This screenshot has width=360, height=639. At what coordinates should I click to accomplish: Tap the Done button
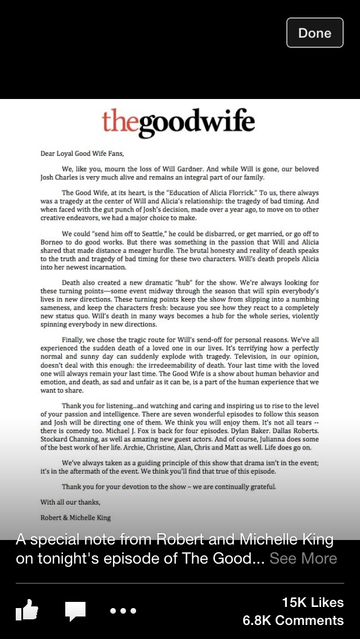(x=314, y=33)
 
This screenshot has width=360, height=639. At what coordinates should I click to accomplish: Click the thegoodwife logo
(x=178, y=123)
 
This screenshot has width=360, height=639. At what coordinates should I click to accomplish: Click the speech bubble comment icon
(x=75, y=611)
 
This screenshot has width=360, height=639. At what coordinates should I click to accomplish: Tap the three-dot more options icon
(x=123, y=611)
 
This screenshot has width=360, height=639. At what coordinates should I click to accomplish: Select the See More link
(x=303, y=559)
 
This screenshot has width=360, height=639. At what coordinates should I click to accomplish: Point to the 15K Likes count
(x=312, y=602)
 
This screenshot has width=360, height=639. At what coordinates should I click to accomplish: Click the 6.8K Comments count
(x=293, y=620)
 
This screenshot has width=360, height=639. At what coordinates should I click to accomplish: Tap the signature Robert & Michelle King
(x=75, y=517)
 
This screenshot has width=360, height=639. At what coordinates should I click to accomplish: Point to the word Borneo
(x=53, y=242)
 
